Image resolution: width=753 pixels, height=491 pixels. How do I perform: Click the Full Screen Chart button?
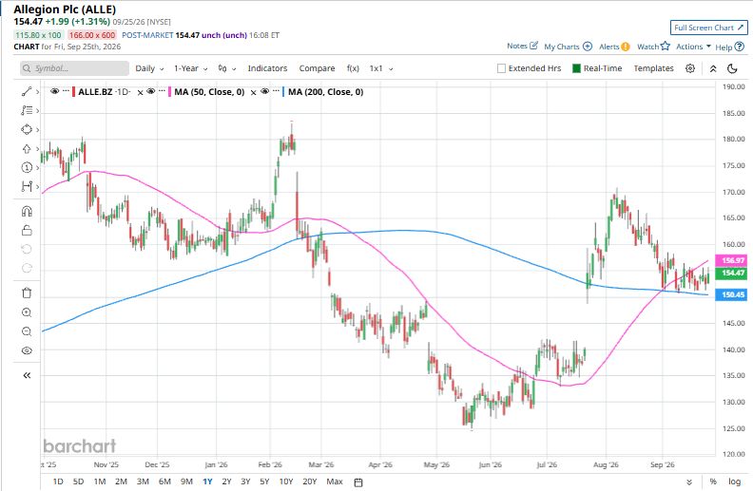(x=709, y=28)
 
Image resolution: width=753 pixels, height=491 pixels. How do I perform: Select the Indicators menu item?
(x=267, y=68)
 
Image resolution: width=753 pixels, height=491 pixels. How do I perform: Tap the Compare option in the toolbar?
(x=317, y=68)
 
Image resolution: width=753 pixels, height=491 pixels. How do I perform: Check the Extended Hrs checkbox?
(x=501, y=68)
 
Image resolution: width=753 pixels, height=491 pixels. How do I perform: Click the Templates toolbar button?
(x=653, y=68)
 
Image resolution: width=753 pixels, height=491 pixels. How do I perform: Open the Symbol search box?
(x=74, y=68)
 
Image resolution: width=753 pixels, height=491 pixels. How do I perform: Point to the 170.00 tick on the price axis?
(x=733, y=192)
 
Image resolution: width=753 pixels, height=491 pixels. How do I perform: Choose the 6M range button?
(x=164, y=482)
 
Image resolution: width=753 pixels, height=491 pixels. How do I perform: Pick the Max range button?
(x=335, y=482)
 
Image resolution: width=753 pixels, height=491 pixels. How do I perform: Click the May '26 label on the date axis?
(x=436, y=464)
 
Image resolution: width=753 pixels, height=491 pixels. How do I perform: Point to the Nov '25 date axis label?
(x=106, y=464)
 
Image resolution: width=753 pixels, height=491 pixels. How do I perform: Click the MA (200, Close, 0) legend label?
(x=325, y=92)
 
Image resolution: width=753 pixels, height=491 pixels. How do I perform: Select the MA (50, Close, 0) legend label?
(x=209, y=92)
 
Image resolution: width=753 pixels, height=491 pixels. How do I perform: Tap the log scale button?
(x=734, y=482)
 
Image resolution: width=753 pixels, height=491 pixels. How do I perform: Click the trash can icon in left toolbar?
(x=27, y=293)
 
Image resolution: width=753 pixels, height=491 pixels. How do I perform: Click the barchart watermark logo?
(x=80, y=446)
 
